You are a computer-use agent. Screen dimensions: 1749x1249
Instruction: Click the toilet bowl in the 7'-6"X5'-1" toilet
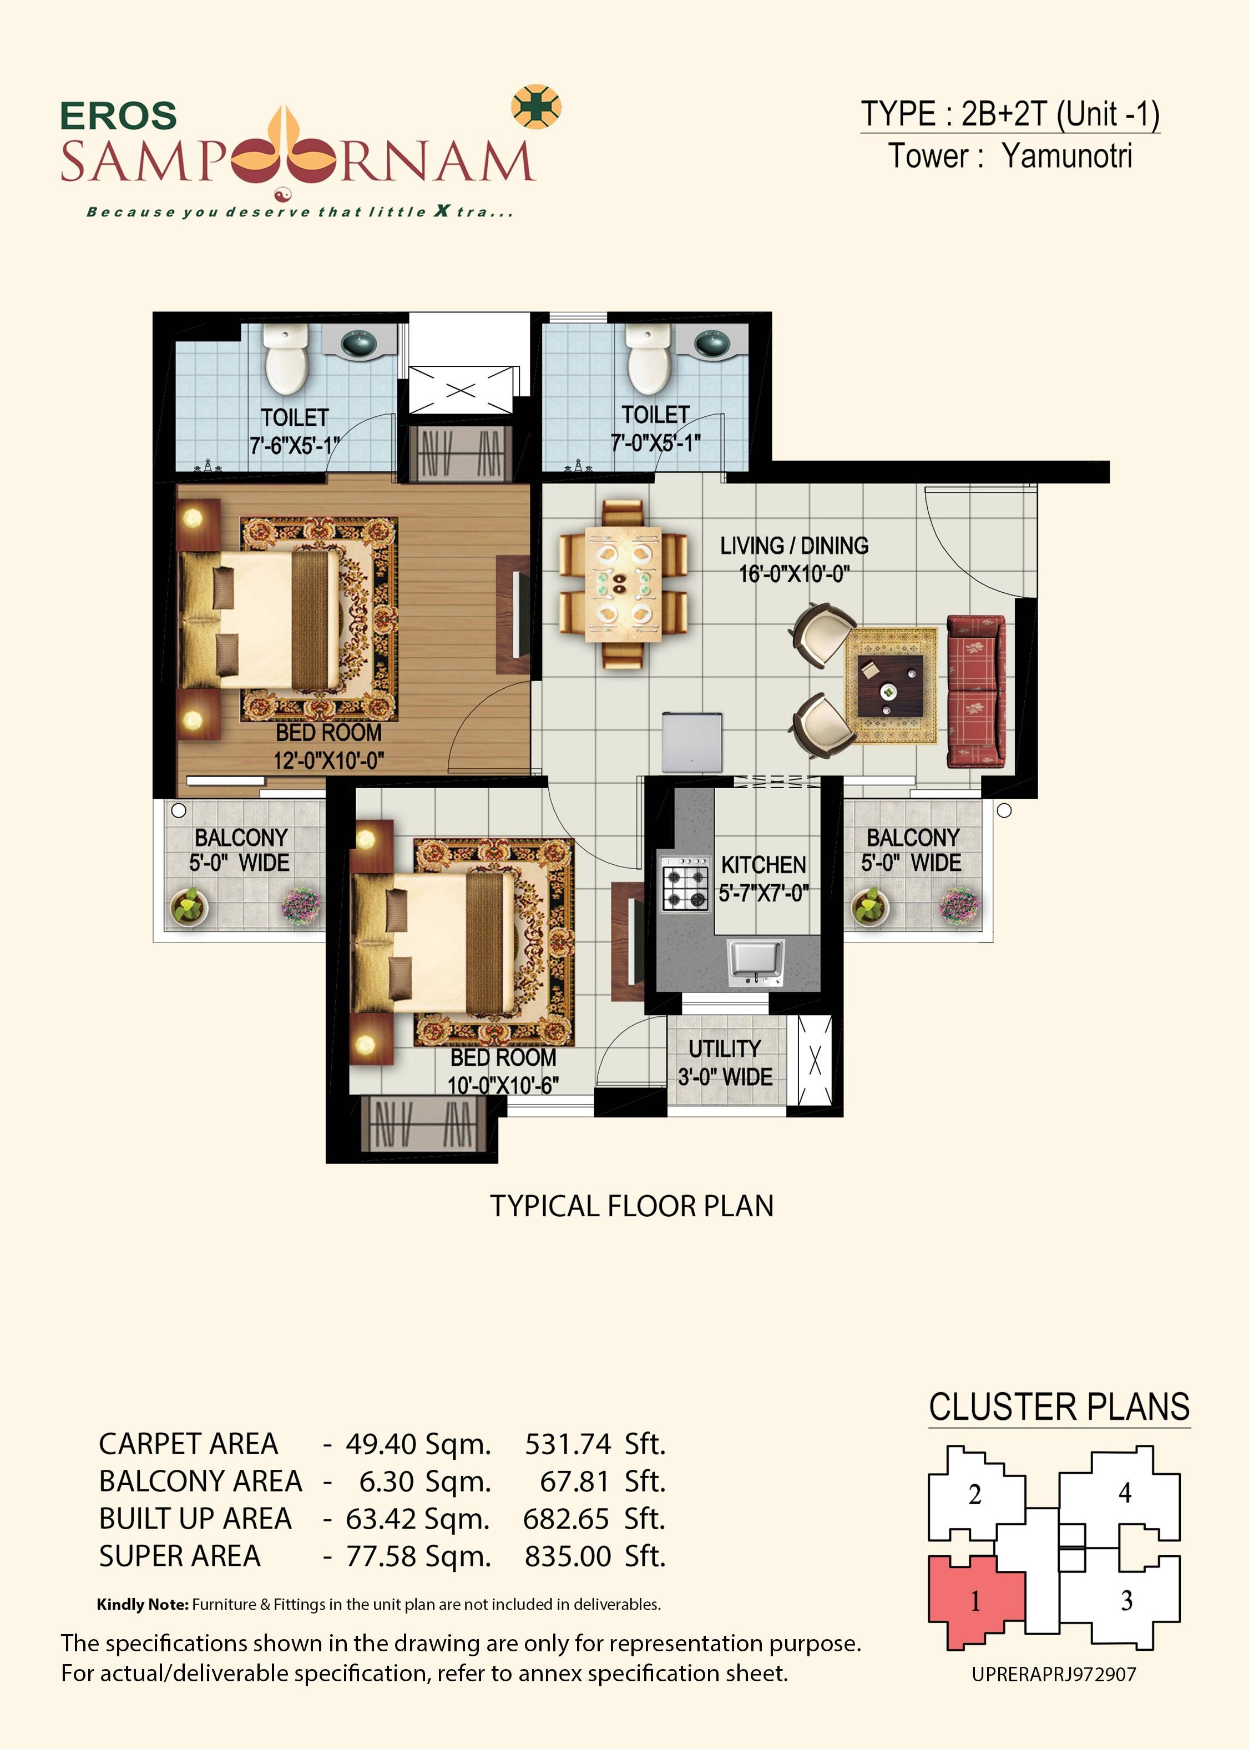[286, 360]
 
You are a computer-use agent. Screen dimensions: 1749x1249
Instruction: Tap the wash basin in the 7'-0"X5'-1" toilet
[713, 342]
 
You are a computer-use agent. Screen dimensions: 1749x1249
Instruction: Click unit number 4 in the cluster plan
[1124, 1493]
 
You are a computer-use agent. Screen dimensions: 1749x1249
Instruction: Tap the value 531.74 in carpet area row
[568, 1444]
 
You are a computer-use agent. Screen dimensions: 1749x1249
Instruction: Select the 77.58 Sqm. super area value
[418, 1557]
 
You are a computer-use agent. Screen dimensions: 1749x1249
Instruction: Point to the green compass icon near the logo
[536, 105]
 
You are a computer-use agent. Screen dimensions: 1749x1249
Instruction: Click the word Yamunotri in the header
[1066, 156]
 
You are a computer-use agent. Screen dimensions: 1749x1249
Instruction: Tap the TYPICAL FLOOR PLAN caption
[631, 1206]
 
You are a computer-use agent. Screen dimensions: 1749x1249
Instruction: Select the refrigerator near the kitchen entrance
[692, 742]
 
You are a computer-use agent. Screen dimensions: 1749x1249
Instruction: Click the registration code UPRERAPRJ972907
[1054, 1675]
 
